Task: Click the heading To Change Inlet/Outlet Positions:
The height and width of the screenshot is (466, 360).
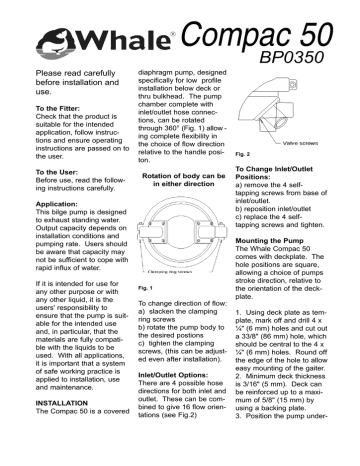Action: point(281,180)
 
